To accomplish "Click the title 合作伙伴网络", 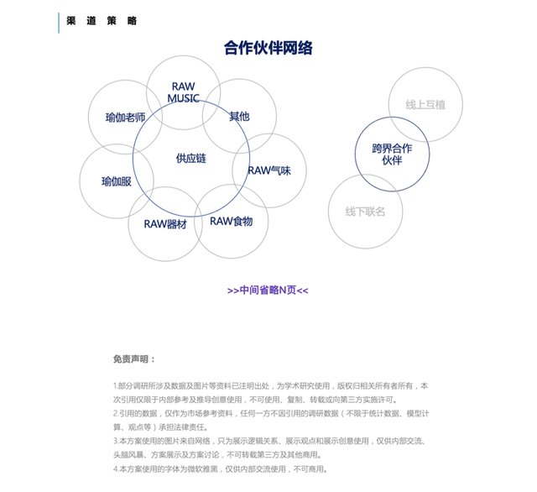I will pos(268,48).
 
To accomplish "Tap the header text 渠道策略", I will pos(102,21).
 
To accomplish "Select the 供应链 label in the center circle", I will pos(190,158).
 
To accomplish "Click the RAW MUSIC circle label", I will pos(183,92).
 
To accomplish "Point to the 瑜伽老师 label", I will pos(125,118).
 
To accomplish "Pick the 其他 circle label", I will pos(239,117).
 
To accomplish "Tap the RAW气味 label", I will pos(268,170).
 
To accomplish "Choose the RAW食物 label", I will pos(231,222).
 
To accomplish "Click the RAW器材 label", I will pos(164,224).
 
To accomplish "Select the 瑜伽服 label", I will pos(116,181).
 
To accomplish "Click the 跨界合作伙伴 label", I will pos(392,154).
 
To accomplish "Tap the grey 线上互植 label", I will pos(425,105).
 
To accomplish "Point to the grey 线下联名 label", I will pos(365,212).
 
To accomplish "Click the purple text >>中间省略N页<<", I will pos(268,290).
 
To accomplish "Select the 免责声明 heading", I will pos(134,359).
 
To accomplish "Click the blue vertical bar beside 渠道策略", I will pos(59,22).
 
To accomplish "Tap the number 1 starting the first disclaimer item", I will pos(115,386).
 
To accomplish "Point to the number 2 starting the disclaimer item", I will pos(115,414).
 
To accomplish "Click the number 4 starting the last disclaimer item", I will pos(115,469).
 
